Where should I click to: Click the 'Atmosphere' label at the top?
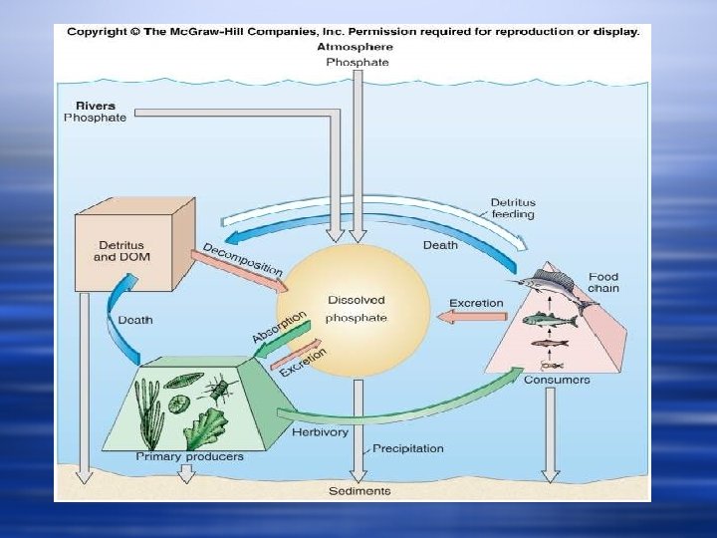(x=355, y=47)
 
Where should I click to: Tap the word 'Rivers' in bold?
(x=95, y=105)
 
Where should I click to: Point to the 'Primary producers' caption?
(x=189, y=457)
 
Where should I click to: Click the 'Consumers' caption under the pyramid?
(x=557, y=380)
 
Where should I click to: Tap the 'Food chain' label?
(x=603, y=283)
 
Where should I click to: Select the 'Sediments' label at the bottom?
(x=359, y=490)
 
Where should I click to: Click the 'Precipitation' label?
(x=408, y=448)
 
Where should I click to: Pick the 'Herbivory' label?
(x=320, y=432)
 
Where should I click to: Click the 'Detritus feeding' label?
(x=512, y=208)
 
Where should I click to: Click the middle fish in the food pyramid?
(x=550, y=320)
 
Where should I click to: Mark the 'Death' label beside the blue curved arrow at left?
(x=134, y=320)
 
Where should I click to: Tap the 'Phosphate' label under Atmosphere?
(x=358, y=62)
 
